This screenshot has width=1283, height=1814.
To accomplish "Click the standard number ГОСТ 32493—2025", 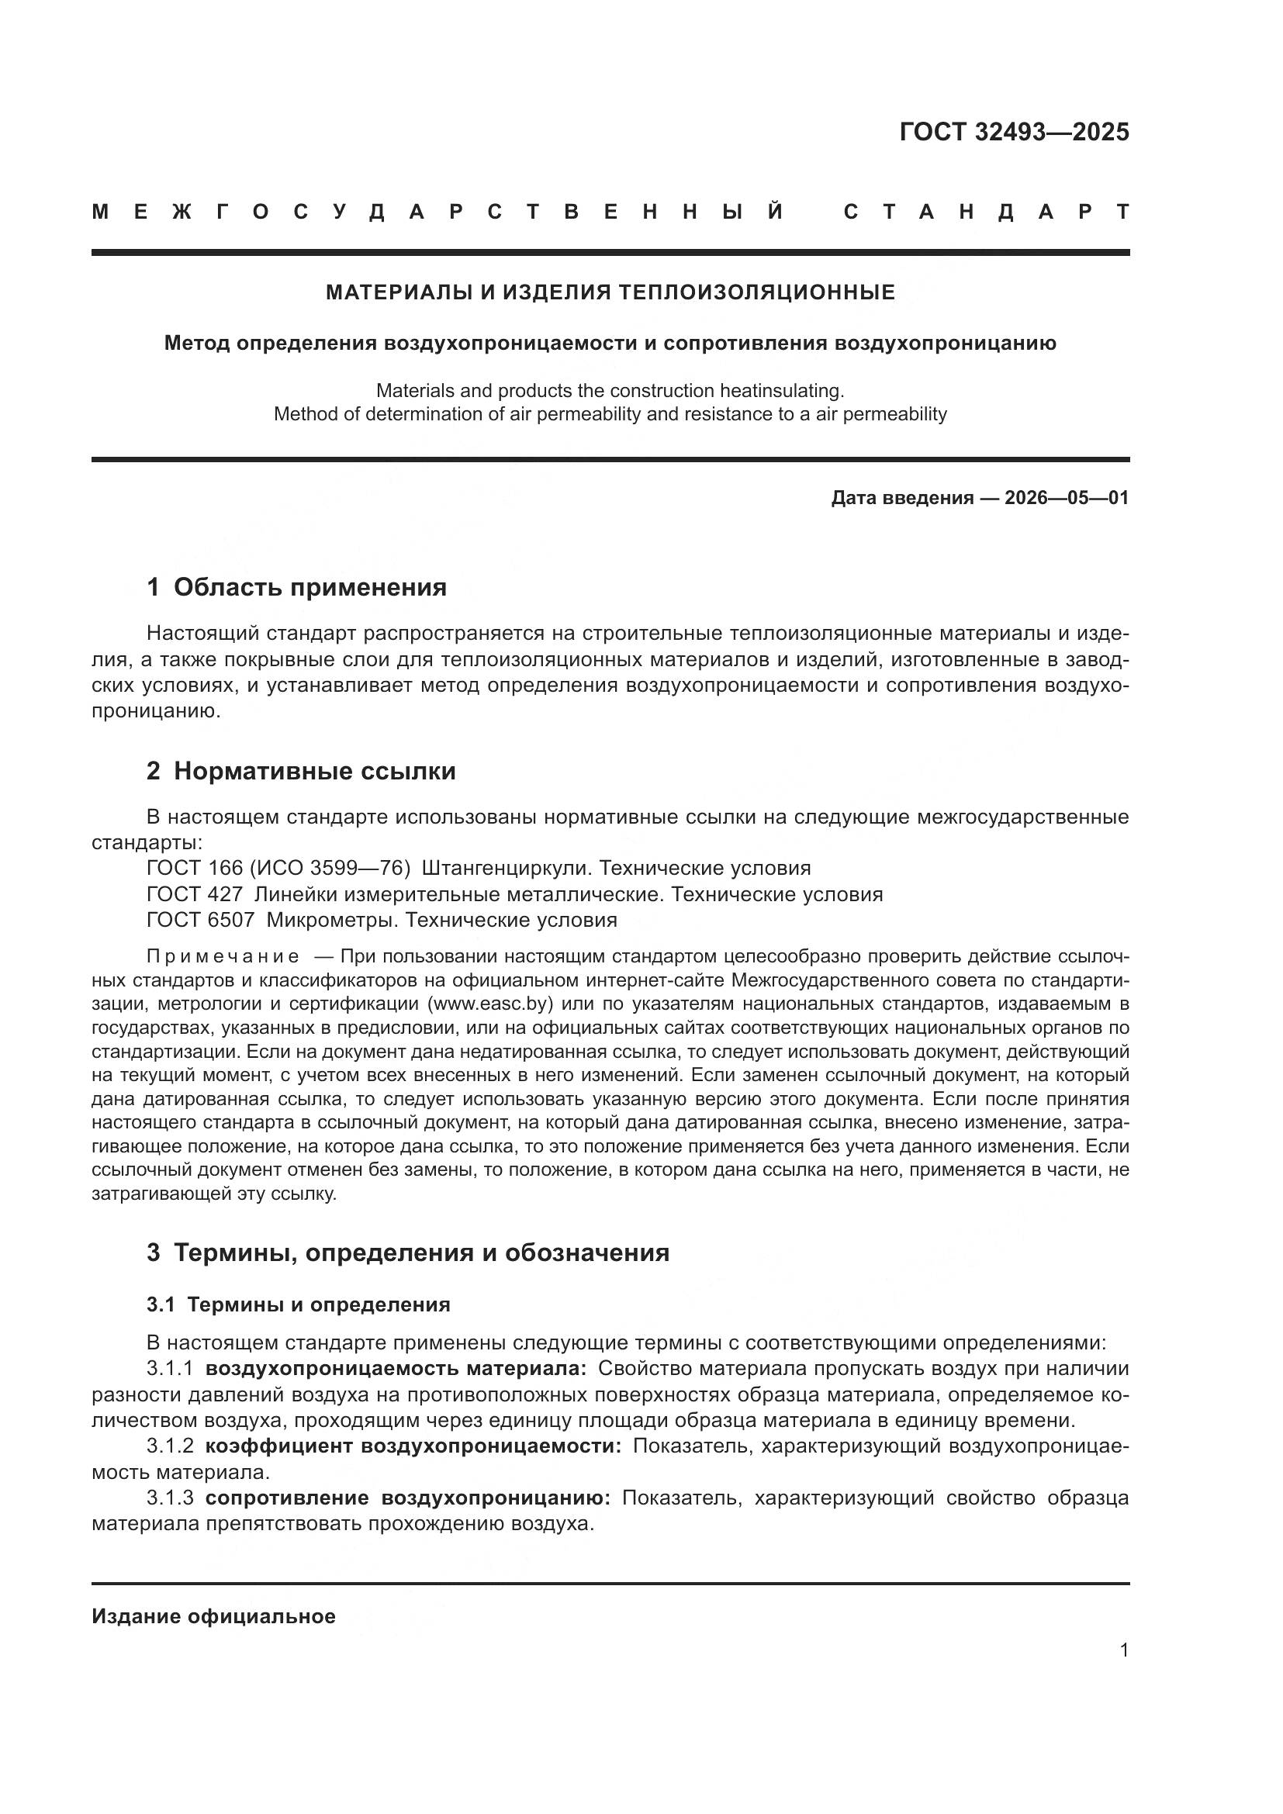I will [x=1014, y=132].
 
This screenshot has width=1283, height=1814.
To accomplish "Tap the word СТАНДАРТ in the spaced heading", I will [x=986, y=212].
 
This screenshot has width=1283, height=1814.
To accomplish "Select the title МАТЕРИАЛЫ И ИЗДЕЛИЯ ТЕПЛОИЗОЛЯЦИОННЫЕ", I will [x=610, y=292].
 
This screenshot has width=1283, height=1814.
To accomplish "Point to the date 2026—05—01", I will [x=1067, y=498].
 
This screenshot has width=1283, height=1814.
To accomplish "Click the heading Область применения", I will [x=310, y=587].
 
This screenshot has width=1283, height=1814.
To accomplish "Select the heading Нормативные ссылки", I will [x=314, y=770].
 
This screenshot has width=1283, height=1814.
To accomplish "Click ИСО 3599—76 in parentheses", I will [x=330, y=869].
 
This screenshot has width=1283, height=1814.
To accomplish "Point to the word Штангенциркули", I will [x=506, y=869].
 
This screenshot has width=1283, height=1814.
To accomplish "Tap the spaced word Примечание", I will [x=223, y=957].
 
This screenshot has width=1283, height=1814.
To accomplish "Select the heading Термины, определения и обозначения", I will [x=421, y=1253].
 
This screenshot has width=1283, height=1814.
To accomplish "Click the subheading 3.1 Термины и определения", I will [x=298, y=1304].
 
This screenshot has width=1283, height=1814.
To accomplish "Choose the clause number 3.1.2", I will [x=170, y=1446].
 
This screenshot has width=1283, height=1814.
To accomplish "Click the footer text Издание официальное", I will [x=213, y=1616].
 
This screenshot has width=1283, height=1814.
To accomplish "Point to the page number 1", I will [x=1123, y=1650].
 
